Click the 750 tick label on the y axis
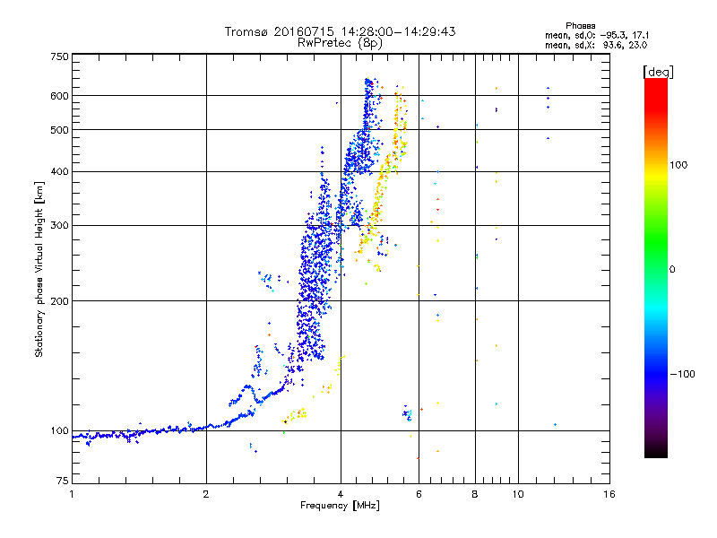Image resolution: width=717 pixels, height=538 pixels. point(59,56)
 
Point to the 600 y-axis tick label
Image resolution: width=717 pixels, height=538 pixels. point(59,95)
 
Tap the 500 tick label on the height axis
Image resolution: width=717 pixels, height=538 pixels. point(59,129)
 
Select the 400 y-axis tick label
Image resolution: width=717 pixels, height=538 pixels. point(59,171)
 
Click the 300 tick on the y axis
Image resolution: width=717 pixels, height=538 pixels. point(59,225)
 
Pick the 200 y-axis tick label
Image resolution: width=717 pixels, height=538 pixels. point(59,300)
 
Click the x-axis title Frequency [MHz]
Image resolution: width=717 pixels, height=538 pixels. point(339,507)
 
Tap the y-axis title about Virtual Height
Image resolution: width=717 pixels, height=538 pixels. point(39,269)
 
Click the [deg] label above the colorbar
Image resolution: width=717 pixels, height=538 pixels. point(659,71)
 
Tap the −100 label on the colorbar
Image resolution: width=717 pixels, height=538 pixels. point(684,373)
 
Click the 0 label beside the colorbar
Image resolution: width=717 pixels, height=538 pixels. point(675,269)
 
